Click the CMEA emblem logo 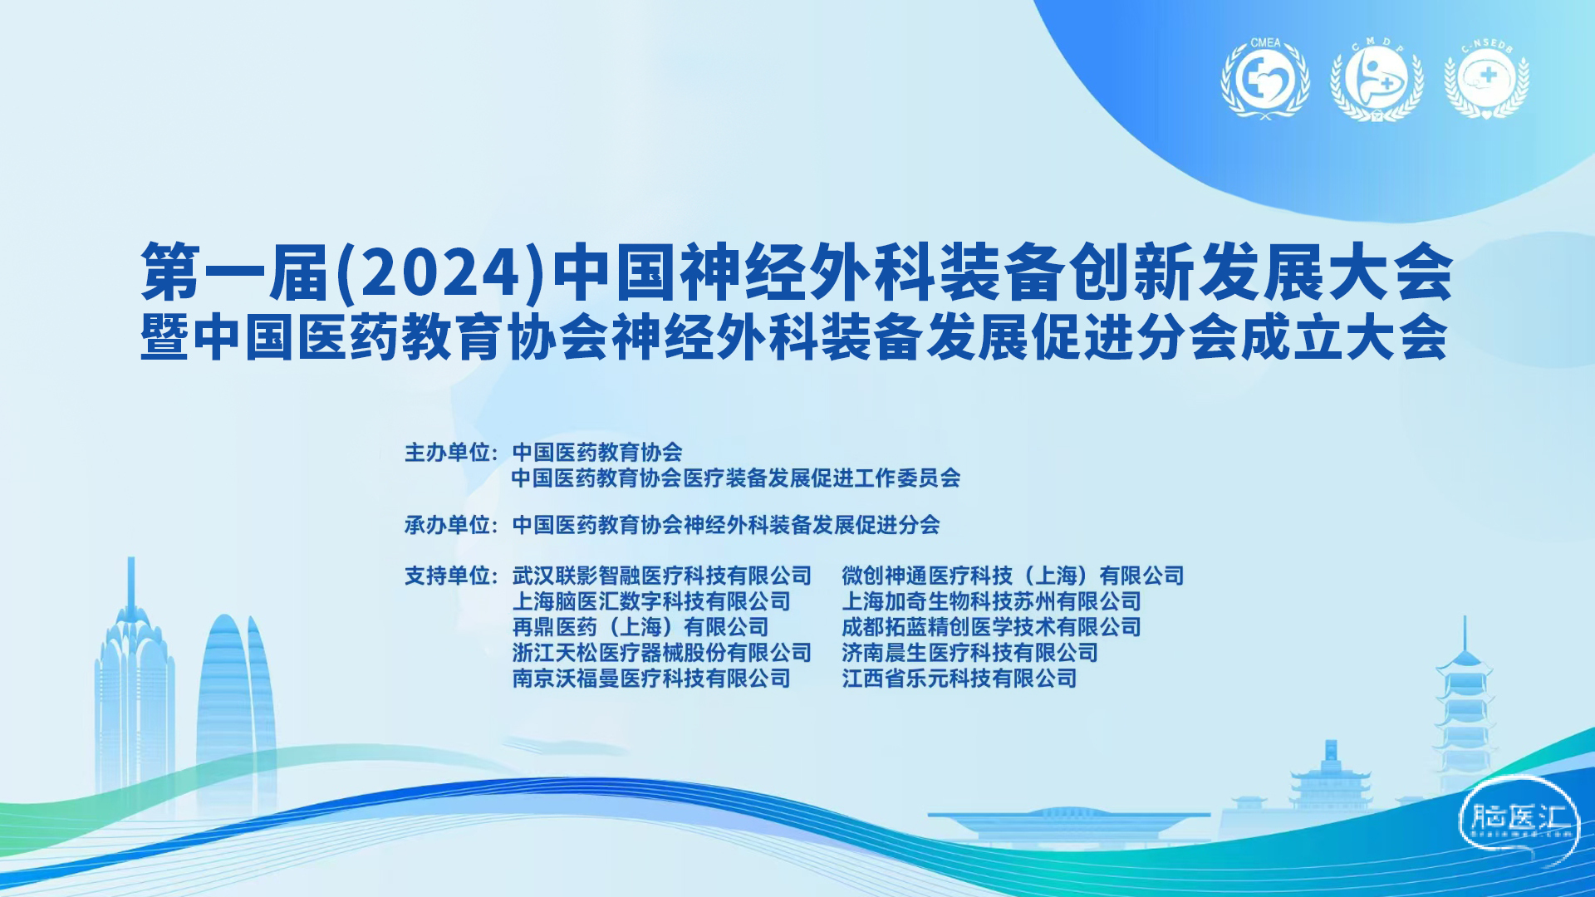(1265, 79)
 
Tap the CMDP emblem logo (1377, 81)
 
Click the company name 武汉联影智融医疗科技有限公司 (662, 576)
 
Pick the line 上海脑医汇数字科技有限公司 (651, 601)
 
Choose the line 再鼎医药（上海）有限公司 (640, 627)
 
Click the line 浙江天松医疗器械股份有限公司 (662, 653)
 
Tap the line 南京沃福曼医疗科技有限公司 (651, 679)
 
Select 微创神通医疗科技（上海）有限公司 (1013, 576)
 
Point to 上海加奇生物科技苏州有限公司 (991, 601)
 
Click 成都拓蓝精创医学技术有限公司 (991, 627)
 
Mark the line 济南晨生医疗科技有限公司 (969, 653)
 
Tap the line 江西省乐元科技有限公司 (959, 679)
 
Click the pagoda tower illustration (1464, 706)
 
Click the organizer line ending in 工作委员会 (736, 478)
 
